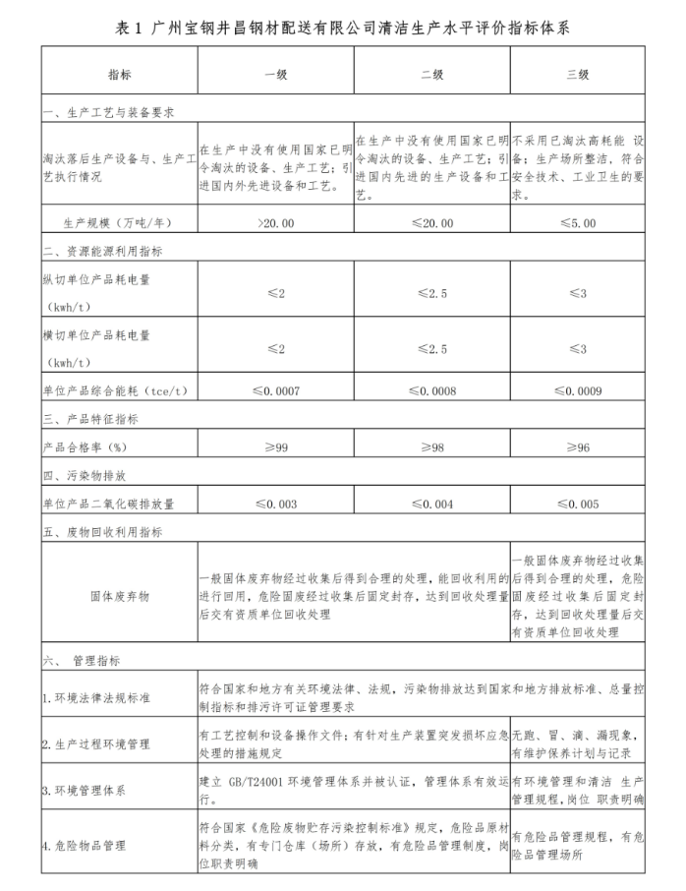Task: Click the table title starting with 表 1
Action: pyautogui.click(x=343, y=28)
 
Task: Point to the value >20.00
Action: pyautogui.click(x=275, y=223)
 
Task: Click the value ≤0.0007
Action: pyautogui.click(x=275, y=390)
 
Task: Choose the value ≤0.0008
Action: pyautogui.click(x=431, y=390)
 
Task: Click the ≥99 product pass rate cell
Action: pyautogui.click(x=275, y=447)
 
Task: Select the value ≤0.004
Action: pyautogui.click(x=431, y=504)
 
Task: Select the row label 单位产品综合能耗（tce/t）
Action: pyautogui.click(x=115, y=390)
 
